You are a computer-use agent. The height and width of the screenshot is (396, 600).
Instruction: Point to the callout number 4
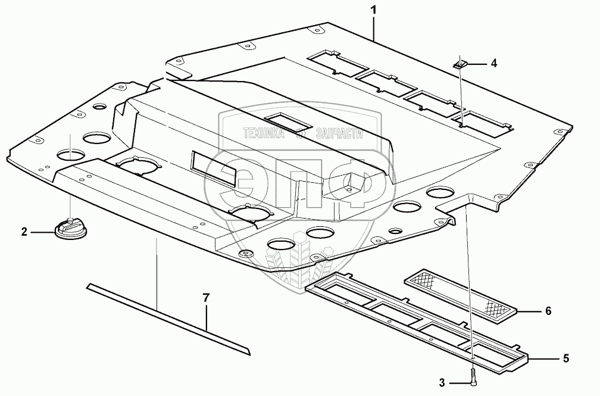[493, 63]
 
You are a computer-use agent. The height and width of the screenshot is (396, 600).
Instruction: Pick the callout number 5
[566, 358]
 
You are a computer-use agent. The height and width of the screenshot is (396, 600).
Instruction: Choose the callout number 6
[548, 311]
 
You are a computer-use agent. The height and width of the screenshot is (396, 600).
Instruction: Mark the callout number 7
[206, 298]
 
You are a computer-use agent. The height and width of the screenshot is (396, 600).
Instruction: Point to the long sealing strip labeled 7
[167, 316]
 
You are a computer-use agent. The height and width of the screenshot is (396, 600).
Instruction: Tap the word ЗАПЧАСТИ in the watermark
[336, 136]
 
